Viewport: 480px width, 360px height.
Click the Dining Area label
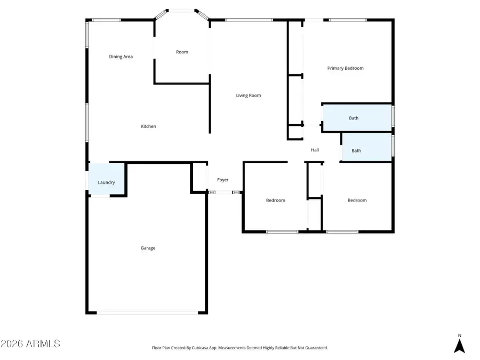click(x=121, y=57)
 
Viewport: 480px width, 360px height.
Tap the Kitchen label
click(x=148, y=126)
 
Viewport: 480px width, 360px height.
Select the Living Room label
click(x=249, y=95)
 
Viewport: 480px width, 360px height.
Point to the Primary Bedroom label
click(x=345, y=68)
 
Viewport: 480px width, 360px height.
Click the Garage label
click(x=148, y=248)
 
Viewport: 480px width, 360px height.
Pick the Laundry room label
click(x=106, y=182)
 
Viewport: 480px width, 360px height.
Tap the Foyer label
click(x=222, y=180)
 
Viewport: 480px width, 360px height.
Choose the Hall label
click(x=315, y=150)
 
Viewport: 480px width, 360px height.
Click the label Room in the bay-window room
click(x=182, y=52)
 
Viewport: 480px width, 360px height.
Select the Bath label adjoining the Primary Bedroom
click(x=354, y=118)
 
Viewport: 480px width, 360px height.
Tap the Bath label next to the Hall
click(x=356, y=150)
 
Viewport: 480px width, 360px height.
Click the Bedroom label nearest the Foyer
click(x=275, y=201)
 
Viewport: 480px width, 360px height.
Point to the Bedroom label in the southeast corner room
click(x=357, y=201)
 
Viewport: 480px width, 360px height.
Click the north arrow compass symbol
click(x=459, y=346)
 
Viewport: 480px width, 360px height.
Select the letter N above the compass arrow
click(x=459, y=336)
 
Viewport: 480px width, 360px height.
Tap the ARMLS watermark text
click(x=30, y=343)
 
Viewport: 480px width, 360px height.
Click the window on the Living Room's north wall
click(x=249, y=20)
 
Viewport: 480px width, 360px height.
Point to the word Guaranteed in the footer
click(x=315, y=348)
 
